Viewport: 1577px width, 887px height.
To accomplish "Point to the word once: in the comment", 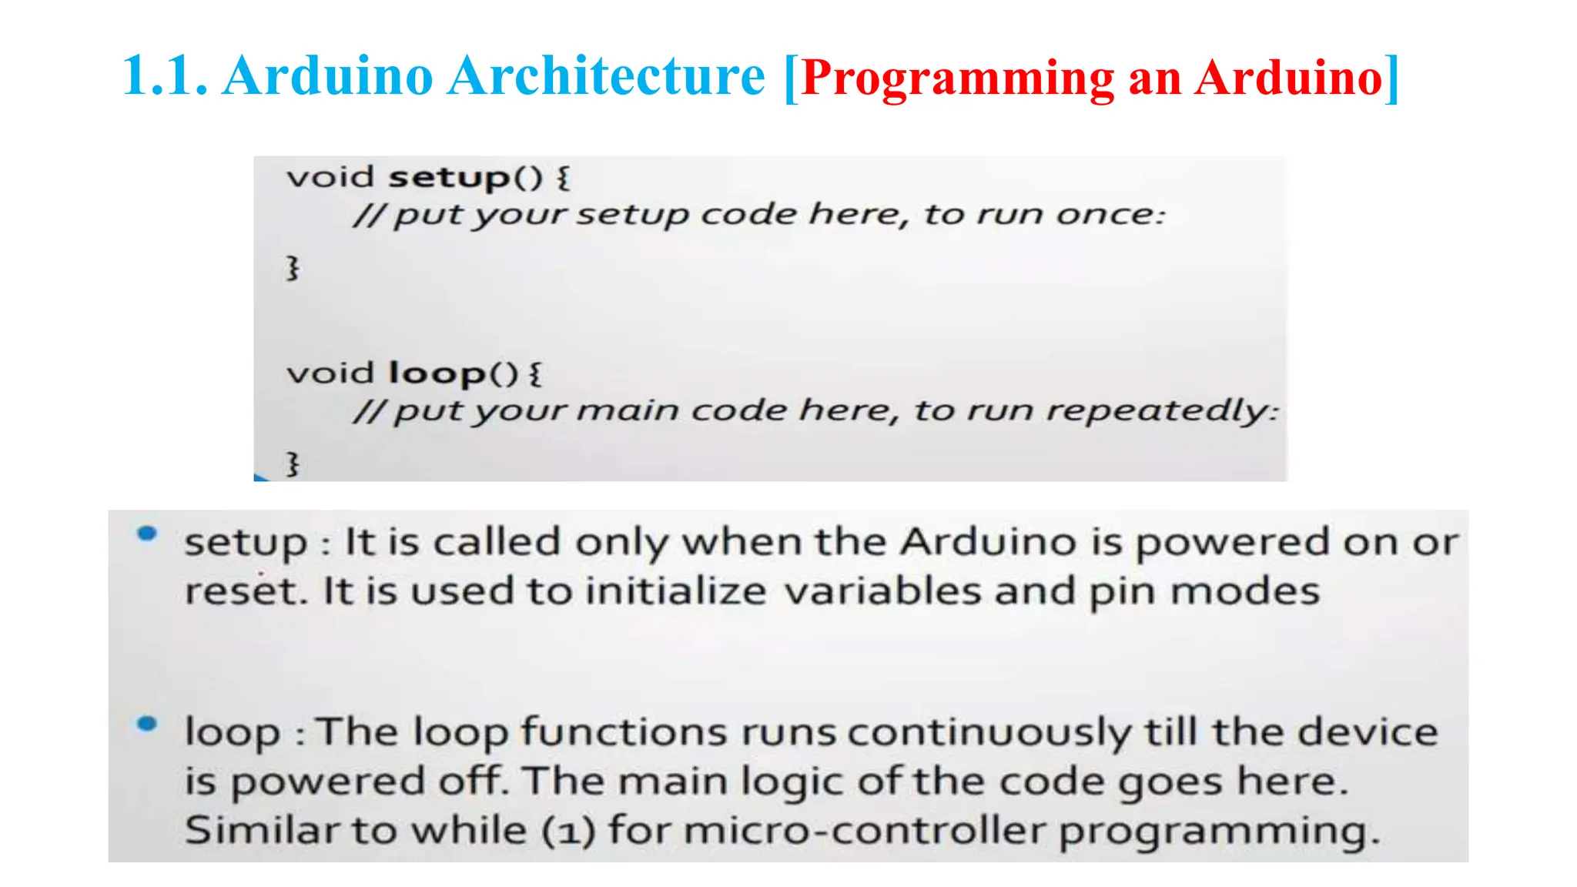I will click(1110, 214).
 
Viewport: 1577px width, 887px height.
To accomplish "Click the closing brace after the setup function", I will click(293, 268).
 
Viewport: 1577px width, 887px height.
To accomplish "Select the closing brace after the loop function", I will click(293, 464).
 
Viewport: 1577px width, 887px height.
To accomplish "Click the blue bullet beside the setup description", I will click(147, 534).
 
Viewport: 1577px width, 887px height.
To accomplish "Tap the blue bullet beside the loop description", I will click(147, 724).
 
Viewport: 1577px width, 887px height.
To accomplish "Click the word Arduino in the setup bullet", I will click(989, 542).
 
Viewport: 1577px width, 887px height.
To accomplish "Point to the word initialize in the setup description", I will click(675, 591).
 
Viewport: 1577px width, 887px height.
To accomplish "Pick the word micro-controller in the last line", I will click(865, 830).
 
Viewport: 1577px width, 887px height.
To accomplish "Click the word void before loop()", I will click(330, 373).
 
